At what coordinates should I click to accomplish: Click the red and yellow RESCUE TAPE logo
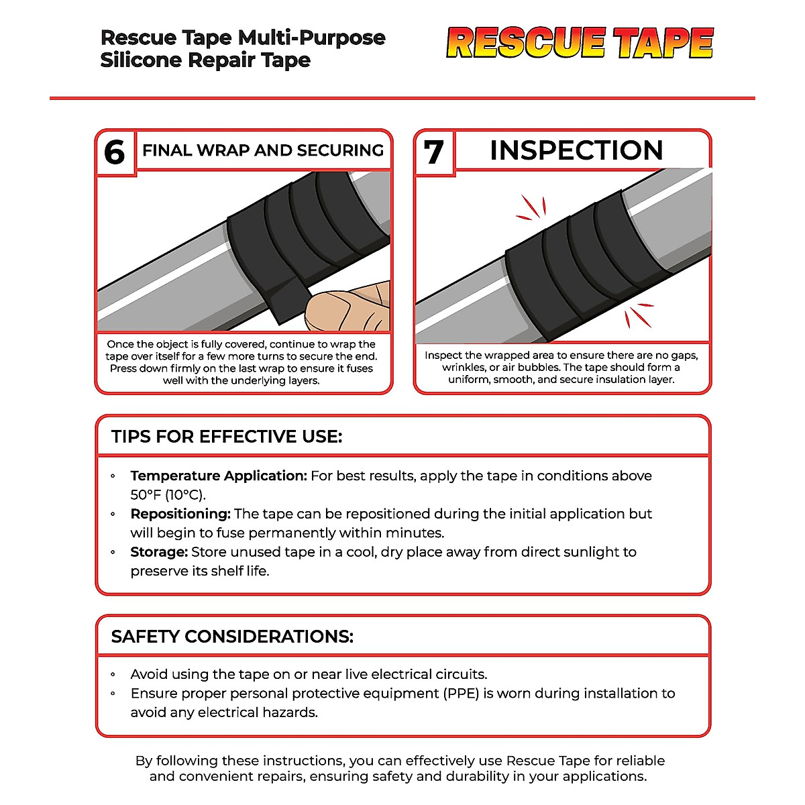[580, 43]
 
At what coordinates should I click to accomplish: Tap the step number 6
[115, 153]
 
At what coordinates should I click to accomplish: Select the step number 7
[434, 152]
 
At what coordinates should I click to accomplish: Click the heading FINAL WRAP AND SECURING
[263, 150]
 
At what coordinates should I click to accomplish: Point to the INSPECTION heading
[576, 150]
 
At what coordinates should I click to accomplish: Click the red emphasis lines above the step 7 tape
[531, 209]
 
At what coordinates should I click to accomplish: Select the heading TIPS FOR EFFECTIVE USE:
[227, 437]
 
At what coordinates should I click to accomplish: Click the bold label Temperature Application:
[219, 476]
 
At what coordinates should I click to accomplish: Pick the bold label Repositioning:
[180, 514]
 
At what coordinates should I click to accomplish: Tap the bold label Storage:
[159, 552]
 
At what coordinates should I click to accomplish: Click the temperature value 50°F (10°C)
[168, 495]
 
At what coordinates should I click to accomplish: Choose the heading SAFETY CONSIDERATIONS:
[232, 637]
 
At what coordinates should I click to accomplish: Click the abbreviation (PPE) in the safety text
[461, 694]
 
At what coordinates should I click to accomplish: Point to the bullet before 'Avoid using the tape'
[113, 675]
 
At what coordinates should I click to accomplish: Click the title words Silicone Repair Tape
[205, 60]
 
